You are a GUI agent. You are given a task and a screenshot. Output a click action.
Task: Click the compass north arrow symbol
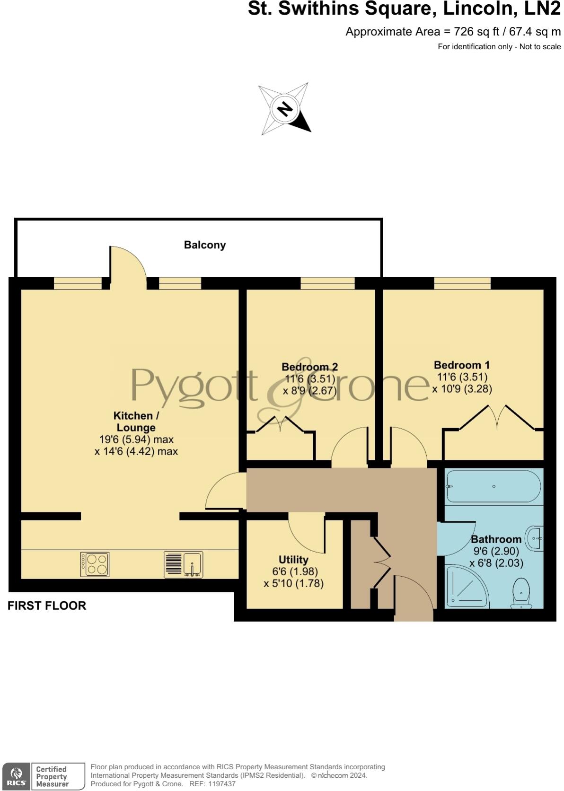pos(285,109)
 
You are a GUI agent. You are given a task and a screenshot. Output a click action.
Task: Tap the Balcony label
pos(204,245)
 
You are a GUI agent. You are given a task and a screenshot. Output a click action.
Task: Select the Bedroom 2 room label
pos(309,367)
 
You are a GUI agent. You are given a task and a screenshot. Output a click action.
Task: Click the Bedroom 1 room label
pos(461,365)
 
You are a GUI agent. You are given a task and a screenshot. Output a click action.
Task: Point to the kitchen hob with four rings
pos(95,564)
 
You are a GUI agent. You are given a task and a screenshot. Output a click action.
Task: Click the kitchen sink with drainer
pos(184,564)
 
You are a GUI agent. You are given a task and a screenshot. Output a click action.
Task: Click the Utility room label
pos(293,560)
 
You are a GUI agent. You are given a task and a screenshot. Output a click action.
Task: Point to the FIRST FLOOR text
pos(47,606)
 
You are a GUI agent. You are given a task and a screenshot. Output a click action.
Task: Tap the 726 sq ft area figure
pos(473,32)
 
